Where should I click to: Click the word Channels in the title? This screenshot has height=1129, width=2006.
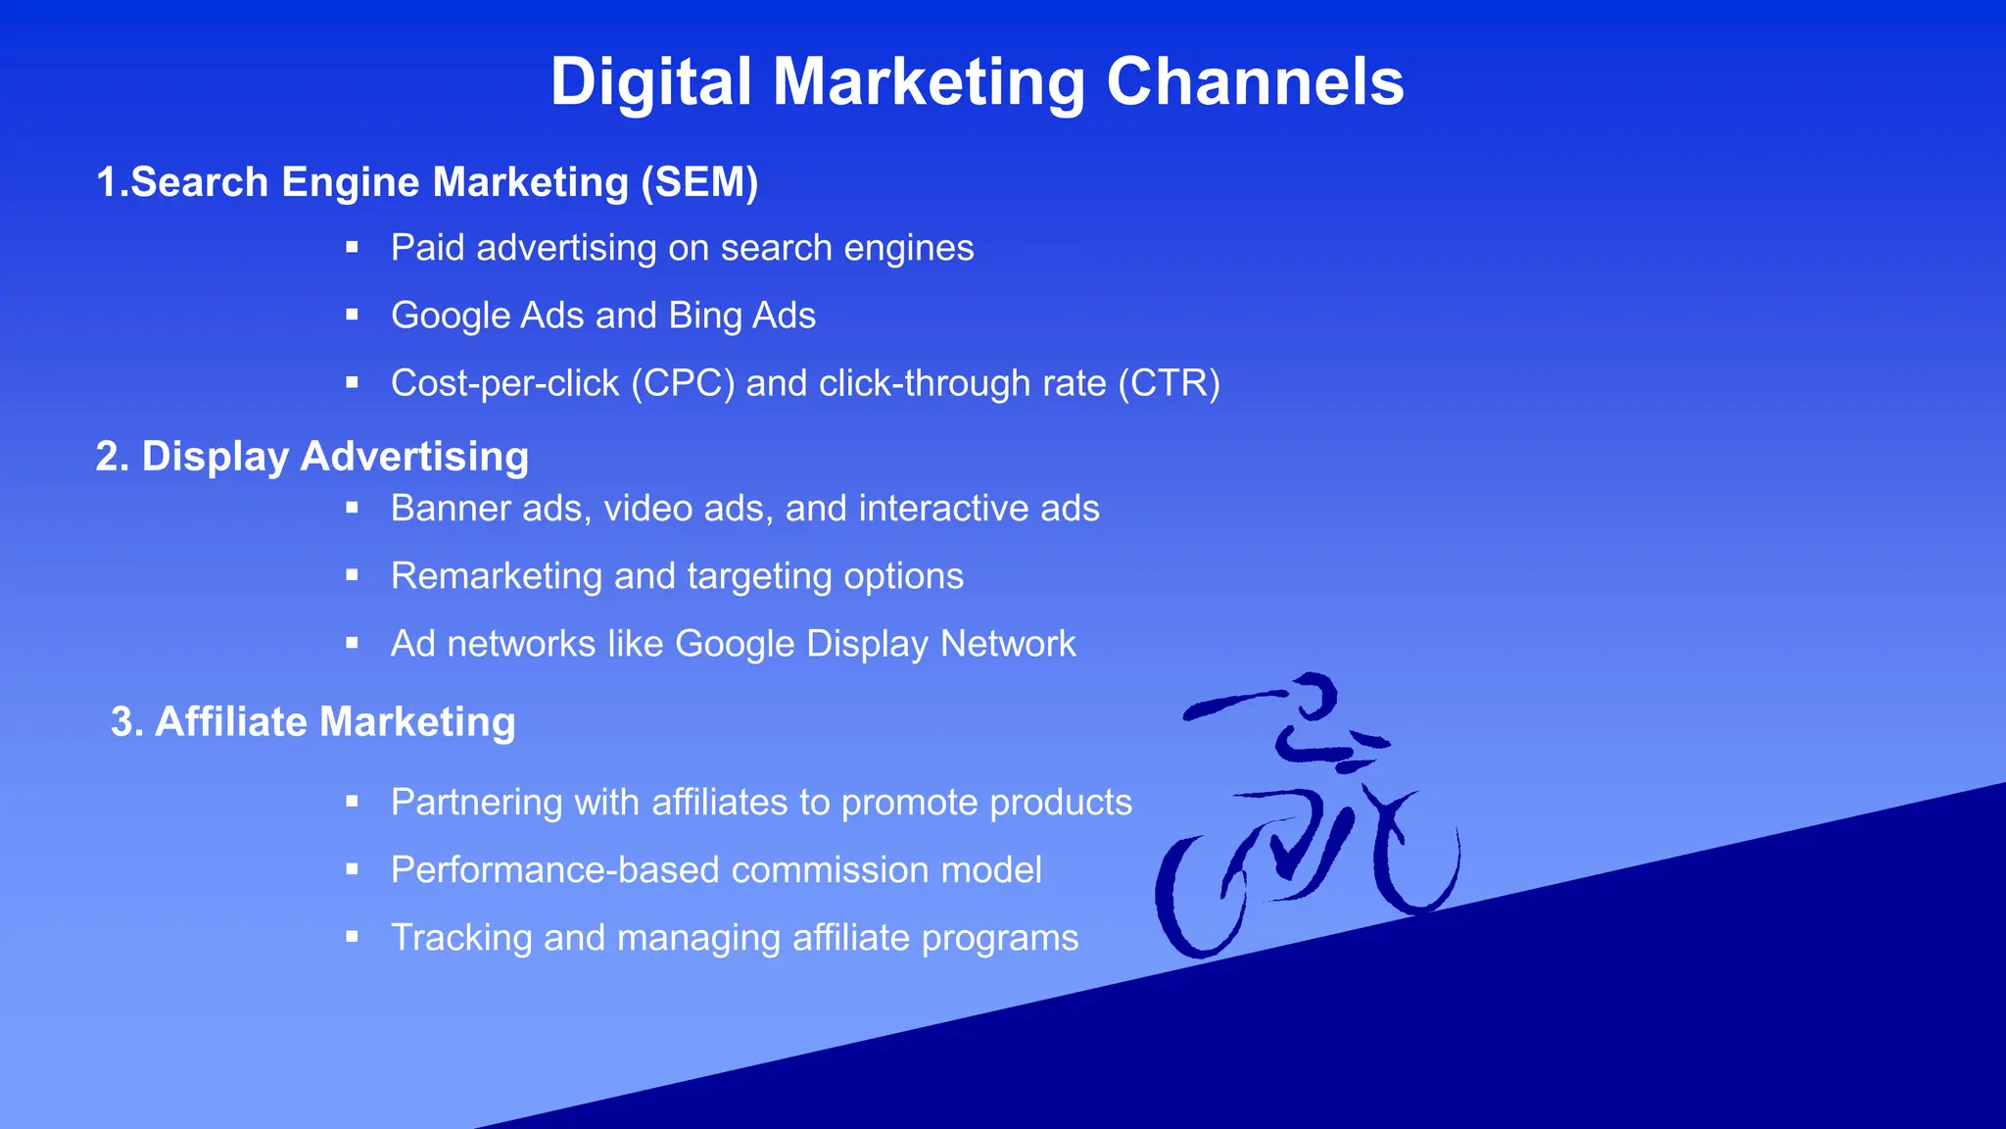coord(1255,81)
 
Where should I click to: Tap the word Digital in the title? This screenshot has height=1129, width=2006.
coord(650,81)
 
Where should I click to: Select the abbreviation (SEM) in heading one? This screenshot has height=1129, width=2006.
coord(699,183)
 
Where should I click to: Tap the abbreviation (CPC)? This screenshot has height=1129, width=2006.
coord(683,383)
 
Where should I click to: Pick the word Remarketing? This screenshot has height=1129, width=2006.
coord(496,576)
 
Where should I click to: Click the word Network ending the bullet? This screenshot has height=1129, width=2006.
coord(1008,644)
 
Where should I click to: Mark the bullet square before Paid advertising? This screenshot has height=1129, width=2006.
coord(353,248)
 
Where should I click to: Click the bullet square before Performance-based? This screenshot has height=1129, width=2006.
coord(353,869)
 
